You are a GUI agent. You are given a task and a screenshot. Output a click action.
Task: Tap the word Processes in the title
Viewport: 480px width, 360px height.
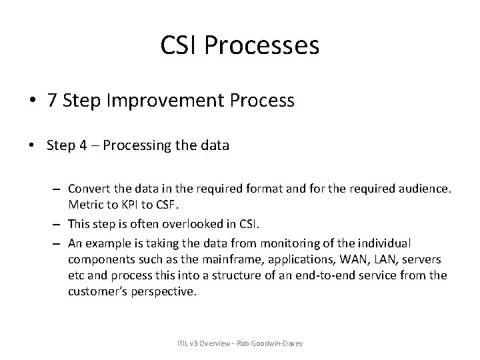[263, 45]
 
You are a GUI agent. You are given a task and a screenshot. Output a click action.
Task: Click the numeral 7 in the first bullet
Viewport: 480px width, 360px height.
[51, 101]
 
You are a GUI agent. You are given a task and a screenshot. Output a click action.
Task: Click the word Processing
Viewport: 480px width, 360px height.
[133, 145]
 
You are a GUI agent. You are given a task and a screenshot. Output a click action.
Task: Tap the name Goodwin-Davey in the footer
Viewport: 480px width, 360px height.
[285, 343]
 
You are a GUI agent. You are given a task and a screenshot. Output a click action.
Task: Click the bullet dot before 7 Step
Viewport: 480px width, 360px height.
[33, 102]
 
